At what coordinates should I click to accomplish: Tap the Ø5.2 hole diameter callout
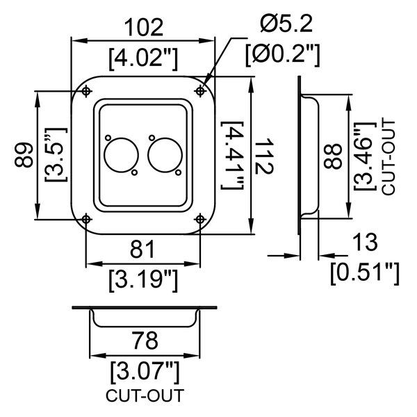click(286, 24)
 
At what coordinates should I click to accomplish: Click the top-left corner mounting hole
click(85, 90)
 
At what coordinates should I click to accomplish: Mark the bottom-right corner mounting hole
click(200, 220)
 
